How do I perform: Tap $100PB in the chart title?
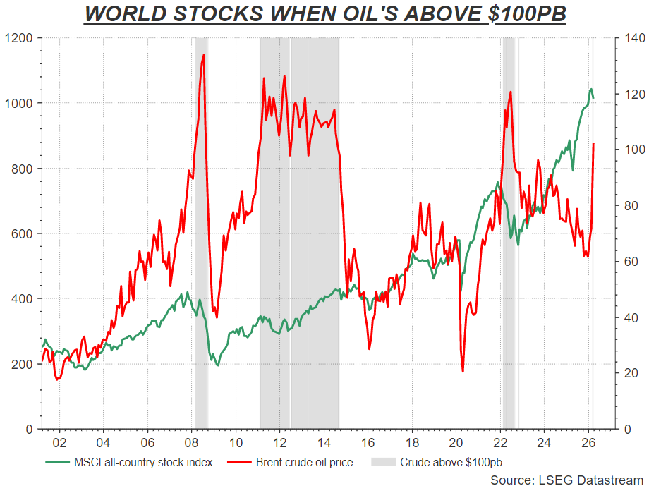(530, 14)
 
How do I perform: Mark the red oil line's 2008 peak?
(204, 54)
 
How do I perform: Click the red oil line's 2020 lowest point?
(463, 372)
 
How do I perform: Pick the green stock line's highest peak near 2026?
(590, 89)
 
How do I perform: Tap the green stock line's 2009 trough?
(217, 365)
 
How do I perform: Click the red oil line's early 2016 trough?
(369, 348)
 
